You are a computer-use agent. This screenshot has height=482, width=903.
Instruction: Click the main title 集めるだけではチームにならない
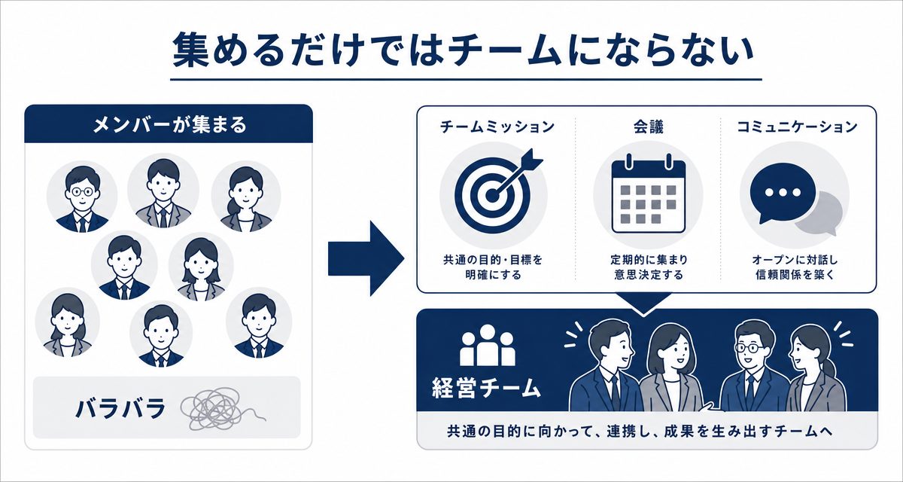(463, 52)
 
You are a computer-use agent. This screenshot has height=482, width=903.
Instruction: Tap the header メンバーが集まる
(169, 124)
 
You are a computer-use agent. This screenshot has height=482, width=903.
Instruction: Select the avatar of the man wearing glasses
(82, 197)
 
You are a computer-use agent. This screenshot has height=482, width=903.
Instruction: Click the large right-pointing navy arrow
(366, 258)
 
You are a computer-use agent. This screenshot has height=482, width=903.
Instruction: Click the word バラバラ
(121, 408)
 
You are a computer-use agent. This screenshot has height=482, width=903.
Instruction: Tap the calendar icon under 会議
(648, 195)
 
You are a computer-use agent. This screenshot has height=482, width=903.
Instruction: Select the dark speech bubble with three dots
(783, 193)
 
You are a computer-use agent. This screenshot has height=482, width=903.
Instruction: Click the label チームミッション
(497, 127)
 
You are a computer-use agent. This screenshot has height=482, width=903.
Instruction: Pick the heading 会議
(648, 127)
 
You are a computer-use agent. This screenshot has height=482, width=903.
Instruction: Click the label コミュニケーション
(797, 127)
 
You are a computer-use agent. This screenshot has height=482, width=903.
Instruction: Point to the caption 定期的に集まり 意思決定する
(649, 267)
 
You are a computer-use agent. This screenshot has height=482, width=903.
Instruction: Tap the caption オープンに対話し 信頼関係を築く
(795, 267)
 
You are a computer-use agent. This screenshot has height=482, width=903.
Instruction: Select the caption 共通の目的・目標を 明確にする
(493, 267)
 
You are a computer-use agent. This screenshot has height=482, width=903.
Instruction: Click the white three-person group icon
(488, 345)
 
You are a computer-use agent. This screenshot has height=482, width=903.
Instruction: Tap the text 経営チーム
(486, 388)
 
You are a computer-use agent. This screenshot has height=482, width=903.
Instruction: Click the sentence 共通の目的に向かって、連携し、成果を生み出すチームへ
(640, 432)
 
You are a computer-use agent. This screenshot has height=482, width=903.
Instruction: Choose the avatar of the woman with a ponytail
(246, 197)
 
